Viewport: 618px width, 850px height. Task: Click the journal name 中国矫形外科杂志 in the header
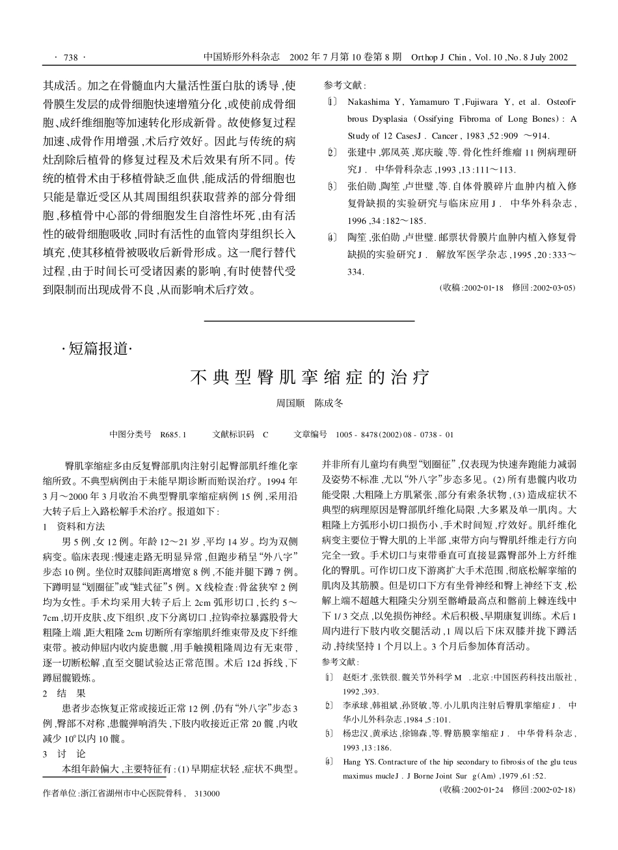pyautogui.click(x=241, y=57)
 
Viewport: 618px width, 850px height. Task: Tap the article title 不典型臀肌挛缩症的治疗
pyautogui.click(x=309, y=377)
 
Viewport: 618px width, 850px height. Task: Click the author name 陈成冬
pyautogui.click(x=329, y=404)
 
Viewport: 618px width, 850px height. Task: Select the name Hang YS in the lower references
pyautogui.click(x=357, y=761)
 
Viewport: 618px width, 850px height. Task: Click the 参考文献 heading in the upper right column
pyautogui.click(x=345, y=85)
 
